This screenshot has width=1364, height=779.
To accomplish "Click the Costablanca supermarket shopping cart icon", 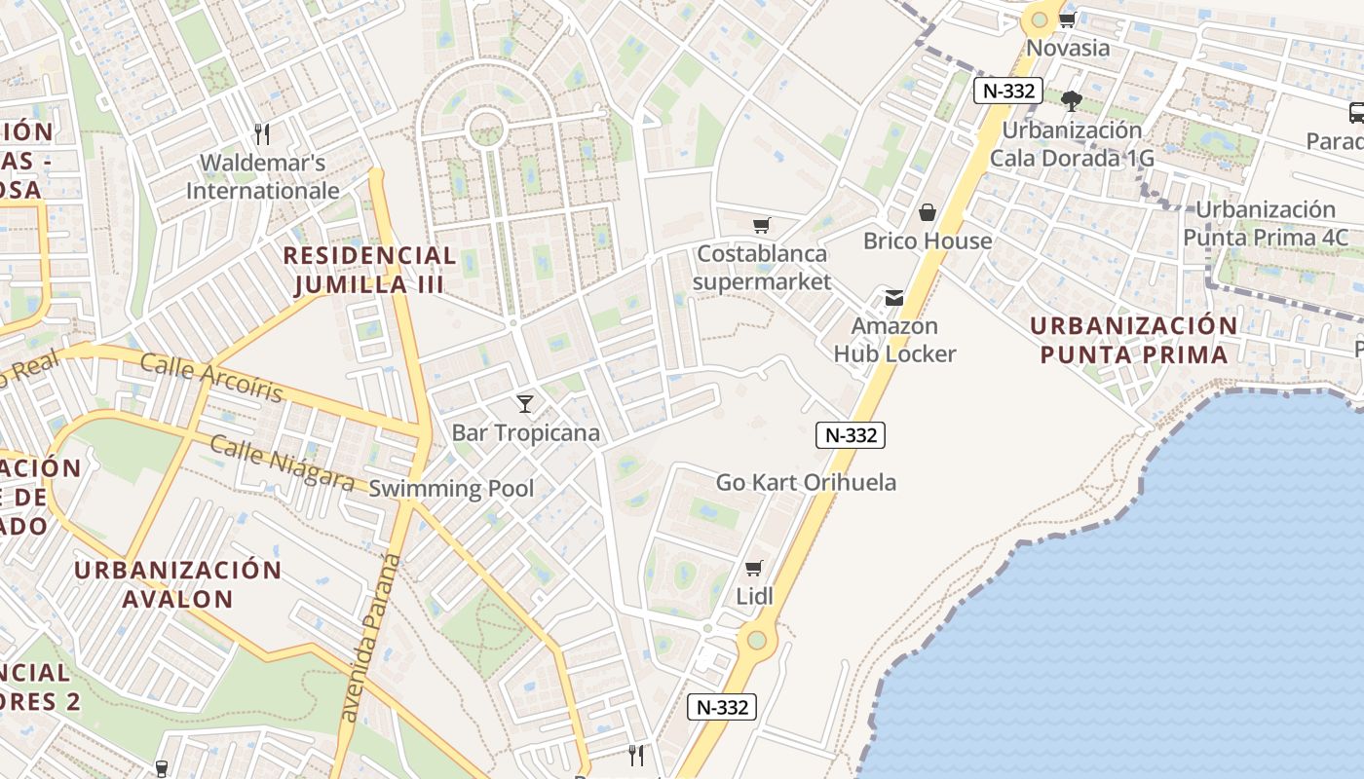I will click(x=761, y=226).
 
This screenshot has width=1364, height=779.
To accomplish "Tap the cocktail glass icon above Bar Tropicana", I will click(x=525, y=403).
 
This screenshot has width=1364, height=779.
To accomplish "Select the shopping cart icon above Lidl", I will click(x=753, y=568).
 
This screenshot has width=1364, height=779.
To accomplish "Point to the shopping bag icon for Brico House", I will click(x=927, y=212).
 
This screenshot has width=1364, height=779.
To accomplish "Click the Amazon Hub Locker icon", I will click(x=893, y=298).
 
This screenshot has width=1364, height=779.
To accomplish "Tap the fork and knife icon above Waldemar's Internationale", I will click(x=261, y=133).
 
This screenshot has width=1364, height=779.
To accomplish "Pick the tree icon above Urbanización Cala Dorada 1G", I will click(x=1071, y=100).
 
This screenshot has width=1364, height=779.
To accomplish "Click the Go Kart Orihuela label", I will click(x=806, y=482).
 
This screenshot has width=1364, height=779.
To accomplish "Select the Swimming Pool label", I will click(x=451, y=489).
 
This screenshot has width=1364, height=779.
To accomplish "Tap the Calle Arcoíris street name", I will click(x=211, y=378).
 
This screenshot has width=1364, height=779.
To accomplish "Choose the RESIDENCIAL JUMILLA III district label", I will click(x=369, y=270).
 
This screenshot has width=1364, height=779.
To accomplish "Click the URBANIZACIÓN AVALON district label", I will click(x=177, y=583).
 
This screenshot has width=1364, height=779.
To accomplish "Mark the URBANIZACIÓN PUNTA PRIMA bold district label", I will click(x=1133, y=339).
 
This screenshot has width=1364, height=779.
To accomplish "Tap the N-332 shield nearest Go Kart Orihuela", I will click(x=850, y=435).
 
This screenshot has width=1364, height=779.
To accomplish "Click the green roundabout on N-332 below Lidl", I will click(x=756, y=641).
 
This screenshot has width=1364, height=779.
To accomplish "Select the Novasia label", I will click(x=1068, y=47).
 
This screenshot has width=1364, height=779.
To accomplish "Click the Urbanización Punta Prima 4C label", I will click(x=1265, y=223).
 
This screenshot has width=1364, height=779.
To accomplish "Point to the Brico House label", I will click(x=928, y=241).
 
